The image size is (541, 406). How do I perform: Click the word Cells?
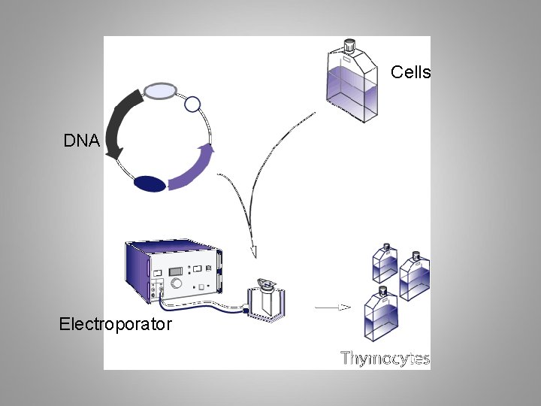click(410, 72)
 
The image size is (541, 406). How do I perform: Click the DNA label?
click(81, 141)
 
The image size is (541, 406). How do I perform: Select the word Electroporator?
click(116, 325)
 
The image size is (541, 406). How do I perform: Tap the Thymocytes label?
click(385, 358)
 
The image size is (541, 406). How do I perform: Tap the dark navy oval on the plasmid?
click(150, 183)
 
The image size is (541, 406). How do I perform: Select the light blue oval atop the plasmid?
click(160, 91)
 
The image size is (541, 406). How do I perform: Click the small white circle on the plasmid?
click(192, 104)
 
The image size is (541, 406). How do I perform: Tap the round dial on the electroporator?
click(176, 284)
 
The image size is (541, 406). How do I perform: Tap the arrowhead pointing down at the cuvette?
click(253, 251)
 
